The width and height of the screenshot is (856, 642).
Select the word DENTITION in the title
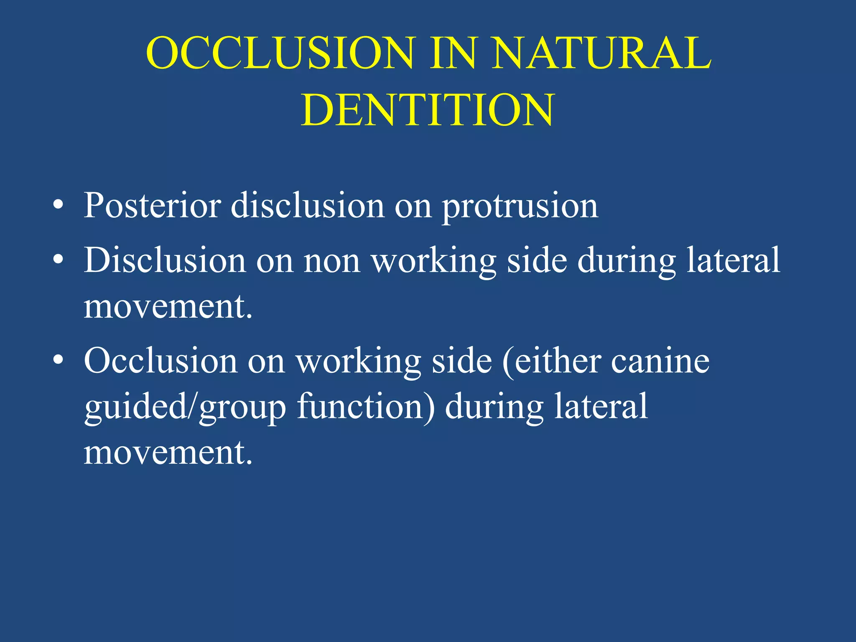pos(428,110)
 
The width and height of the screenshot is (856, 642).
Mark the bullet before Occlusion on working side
pos(59,360)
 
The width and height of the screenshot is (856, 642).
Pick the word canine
pos(660,361)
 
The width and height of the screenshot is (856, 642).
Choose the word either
pos(558,361)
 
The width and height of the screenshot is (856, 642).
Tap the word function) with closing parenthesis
pos(366,407)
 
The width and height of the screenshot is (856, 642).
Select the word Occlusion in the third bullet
pos(160,361)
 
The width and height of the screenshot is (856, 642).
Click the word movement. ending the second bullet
pos(168,307)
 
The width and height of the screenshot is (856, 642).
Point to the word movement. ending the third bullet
pos(168,453)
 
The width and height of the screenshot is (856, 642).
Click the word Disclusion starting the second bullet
pos(165,260)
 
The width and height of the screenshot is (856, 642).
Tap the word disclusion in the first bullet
pos(308,206)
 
